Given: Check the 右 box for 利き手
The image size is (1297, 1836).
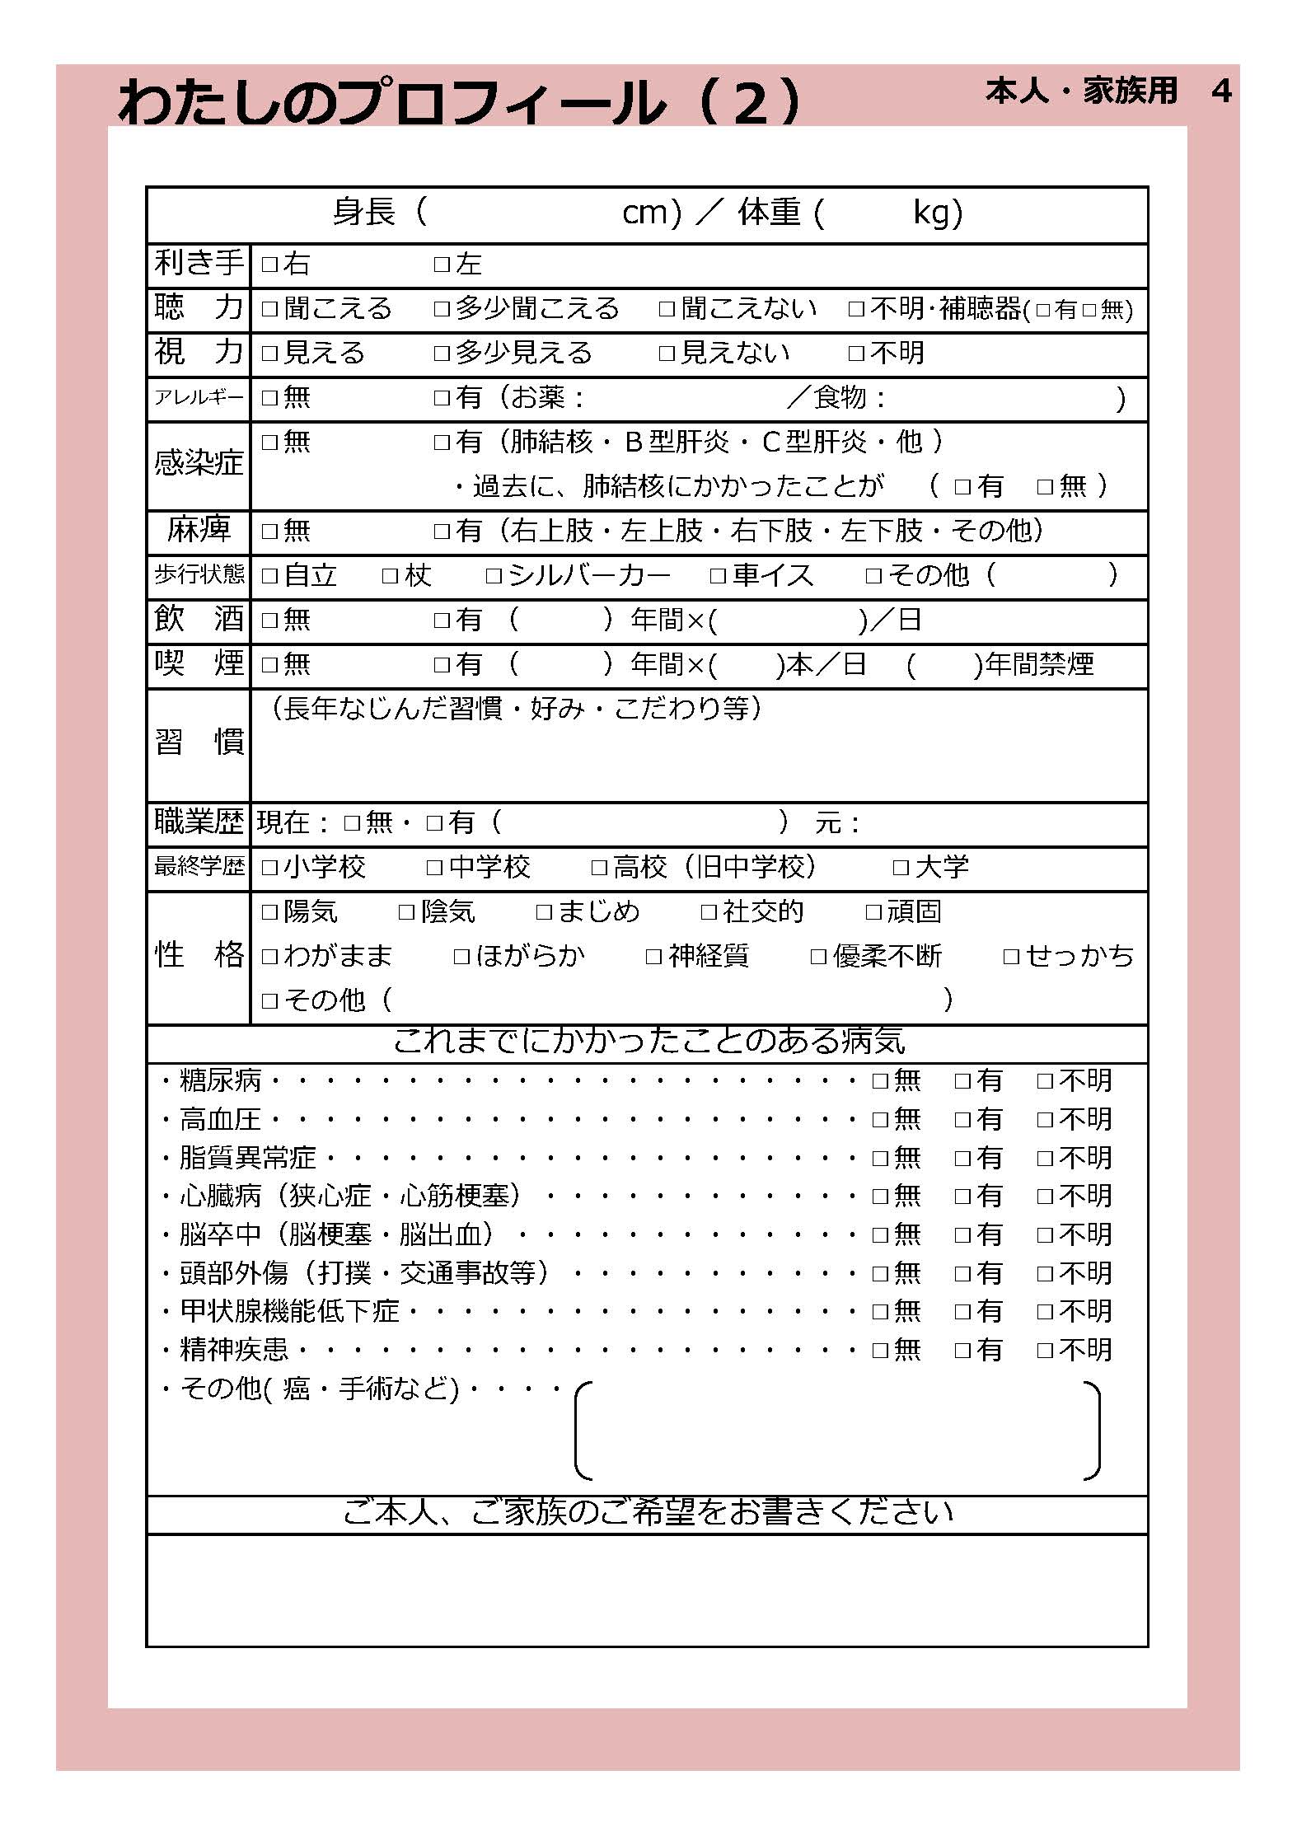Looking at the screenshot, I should coord(269,265).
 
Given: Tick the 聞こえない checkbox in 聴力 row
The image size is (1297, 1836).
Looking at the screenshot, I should coord(667,309).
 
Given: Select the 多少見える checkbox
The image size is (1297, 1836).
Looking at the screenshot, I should coord(442,354).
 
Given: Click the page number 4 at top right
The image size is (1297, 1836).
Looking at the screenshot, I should coord(1221,91).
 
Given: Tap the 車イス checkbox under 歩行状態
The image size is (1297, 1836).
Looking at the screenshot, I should coord(718,575).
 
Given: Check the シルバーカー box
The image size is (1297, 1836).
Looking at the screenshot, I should coord(494,575).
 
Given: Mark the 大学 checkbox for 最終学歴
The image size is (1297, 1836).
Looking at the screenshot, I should coord(901,867).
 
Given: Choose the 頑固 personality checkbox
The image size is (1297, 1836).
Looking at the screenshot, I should coord(873,911).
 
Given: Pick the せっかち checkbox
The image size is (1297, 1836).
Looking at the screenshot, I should coord(1011,956).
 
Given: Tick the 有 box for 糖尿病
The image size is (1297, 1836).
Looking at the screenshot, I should coord(962,1080).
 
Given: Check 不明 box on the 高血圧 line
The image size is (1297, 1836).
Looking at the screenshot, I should coord(1045,1119).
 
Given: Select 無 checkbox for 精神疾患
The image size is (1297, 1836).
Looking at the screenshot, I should coord(880,1350).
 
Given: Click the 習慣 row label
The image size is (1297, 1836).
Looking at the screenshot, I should coord(199,742).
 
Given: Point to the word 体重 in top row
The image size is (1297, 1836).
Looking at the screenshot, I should coord(769,213).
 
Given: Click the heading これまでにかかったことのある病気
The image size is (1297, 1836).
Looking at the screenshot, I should coord(648,1042).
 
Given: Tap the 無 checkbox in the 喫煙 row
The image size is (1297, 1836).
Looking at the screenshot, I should coord(269,664).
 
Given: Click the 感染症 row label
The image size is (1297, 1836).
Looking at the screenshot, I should coord(199,463).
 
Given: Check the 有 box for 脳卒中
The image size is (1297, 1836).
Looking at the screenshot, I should coord(962,1234).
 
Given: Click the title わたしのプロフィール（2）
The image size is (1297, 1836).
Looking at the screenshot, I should coord(459,103).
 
